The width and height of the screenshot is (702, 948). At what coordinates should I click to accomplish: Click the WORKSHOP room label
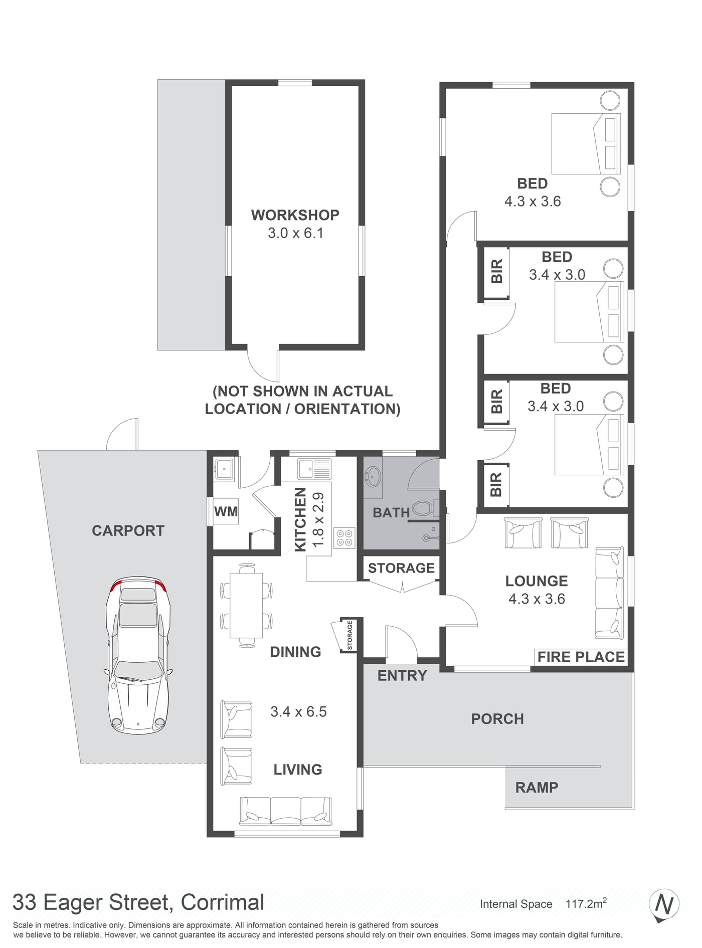coord(295,215)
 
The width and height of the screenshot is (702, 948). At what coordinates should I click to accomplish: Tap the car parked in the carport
coord(138,656)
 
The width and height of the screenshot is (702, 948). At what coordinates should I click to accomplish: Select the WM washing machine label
coord(226,512)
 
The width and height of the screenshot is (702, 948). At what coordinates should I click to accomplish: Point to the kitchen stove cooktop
coord(344,537)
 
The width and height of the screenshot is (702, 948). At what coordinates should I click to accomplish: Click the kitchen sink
coord(314,469)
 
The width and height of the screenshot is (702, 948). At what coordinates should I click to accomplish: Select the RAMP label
coord(537,788)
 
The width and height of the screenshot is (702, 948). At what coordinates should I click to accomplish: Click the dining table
coord(246,606)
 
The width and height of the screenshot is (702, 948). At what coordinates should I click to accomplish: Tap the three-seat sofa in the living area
coord(286,811)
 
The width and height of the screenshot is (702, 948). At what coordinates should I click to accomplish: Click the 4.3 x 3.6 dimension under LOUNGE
coord(537,599)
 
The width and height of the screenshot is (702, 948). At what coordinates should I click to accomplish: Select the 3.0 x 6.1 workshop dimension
coord(295,233)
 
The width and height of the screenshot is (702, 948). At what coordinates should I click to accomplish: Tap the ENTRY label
coord(402,676)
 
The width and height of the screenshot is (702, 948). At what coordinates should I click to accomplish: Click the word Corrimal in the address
coord(222,902)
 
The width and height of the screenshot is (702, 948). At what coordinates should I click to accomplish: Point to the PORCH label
coord(497,719)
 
